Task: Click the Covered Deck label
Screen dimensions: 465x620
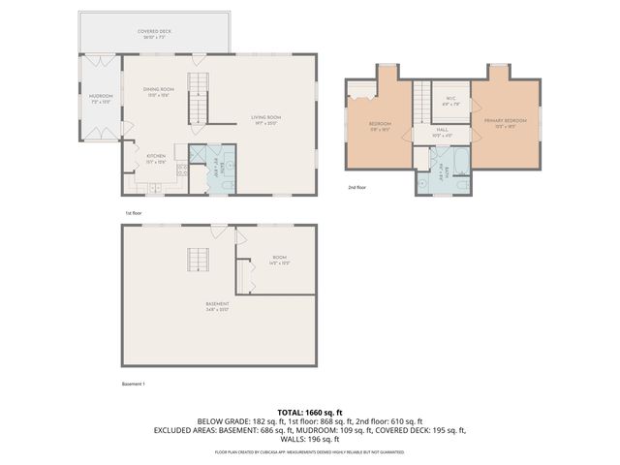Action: pyautogui.click(x=154, y=32)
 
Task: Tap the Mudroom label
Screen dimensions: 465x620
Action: pyautogui.click(x=101, y=97)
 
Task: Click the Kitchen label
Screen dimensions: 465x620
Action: pyautogui.click(x=156, y=157)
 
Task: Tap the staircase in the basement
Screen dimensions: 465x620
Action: pyautogui.click(x=199, y=260)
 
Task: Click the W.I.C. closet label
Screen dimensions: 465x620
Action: pyautogui.click(x=450, y=99)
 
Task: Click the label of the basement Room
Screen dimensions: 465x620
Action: pyautogui.click(x=278, y=260)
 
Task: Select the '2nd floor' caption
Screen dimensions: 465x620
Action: pyautogui.click(x=357, y=187)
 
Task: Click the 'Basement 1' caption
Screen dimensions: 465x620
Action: pyautogui.click(x=133, y=384)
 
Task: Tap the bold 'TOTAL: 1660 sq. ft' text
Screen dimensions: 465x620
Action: pyautogui.click(x=309, y=413)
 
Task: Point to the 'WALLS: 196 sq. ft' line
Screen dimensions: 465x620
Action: pyautogui.click(x=309, y=439)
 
